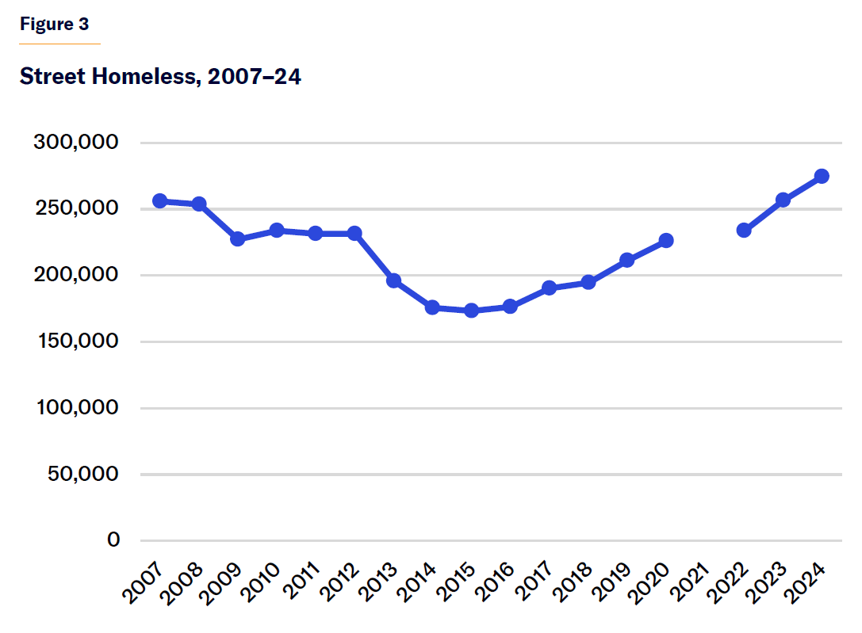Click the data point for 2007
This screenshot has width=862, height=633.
159,201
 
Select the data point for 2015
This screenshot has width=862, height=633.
472,311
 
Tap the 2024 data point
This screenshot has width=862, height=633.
822,176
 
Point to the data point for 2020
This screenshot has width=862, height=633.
666,240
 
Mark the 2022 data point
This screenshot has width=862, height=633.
744,231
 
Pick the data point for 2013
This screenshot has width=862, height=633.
393,281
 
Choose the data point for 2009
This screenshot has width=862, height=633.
237,239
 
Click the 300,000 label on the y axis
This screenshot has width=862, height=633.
76,143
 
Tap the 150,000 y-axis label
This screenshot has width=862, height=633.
76,341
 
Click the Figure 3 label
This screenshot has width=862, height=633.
54,24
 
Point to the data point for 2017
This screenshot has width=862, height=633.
550,288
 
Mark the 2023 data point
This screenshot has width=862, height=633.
783,200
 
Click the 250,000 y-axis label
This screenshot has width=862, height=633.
76,209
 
